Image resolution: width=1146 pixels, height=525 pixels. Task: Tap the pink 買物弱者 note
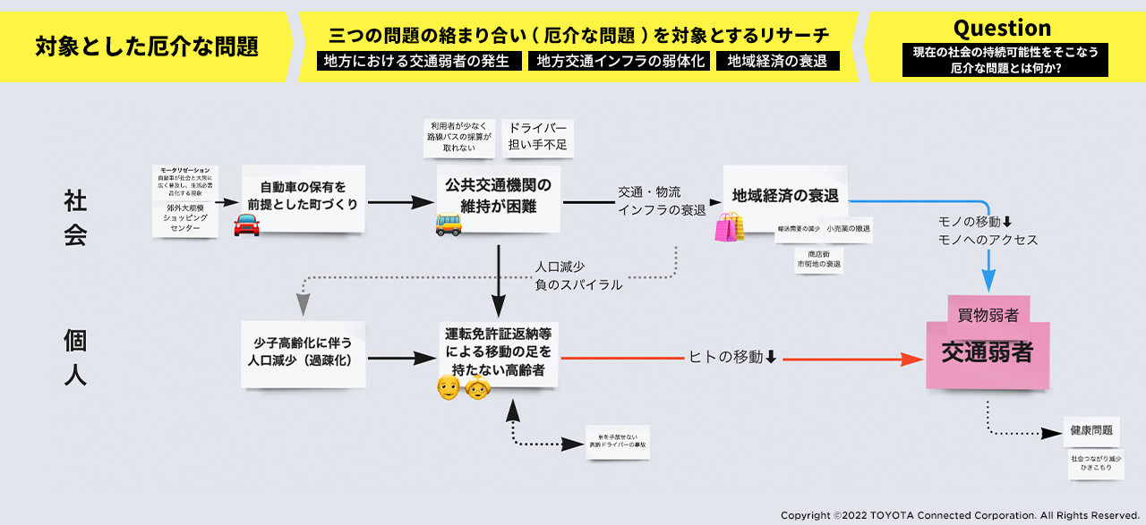pyautogui.click(x=988, y=314)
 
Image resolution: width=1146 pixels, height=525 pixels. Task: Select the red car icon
pyautogui.click(x=246, y=225)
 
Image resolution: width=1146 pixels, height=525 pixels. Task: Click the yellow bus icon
pyautogui.click(x=449, y=224)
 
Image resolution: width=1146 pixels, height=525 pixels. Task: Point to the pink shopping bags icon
pyautogui.click(x=729, y=227)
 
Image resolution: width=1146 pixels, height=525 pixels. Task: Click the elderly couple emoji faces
pyautogui.click(x=462, y=388)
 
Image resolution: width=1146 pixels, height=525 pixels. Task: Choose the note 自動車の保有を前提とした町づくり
pyautogui.click(x=303, y=196)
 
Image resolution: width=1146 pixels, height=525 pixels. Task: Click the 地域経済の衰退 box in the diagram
pyautogui.click(x=785, y=195)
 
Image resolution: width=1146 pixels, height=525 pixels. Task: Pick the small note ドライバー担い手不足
pyautogui.click(x=538, y=137)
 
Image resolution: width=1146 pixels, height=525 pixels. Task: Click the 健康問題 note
pyautogui.click(x=1091, y=430)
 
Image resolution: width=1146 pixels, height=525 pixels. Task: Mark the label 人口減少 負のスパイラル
pyautogui.click(x=577, y=276)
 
